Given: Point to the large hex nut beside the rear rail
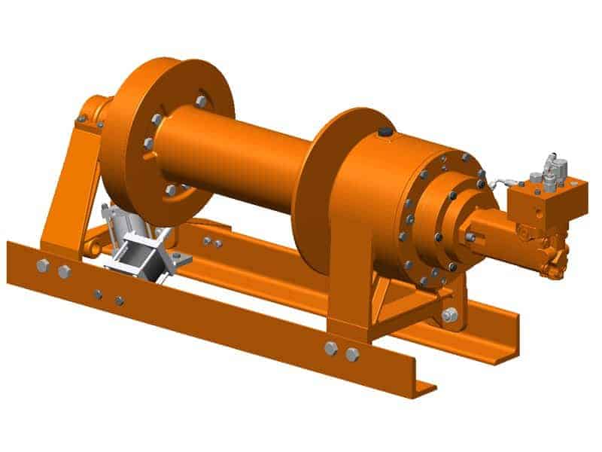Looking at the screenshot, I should coord(449,315).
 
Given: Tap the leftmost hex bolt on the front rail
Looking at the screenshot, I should coord(43,265).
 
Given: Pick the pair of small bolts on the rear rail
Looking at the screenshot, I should coord(211,242).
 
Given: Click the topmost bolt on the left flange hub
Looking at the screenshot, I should coord(201,101).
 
